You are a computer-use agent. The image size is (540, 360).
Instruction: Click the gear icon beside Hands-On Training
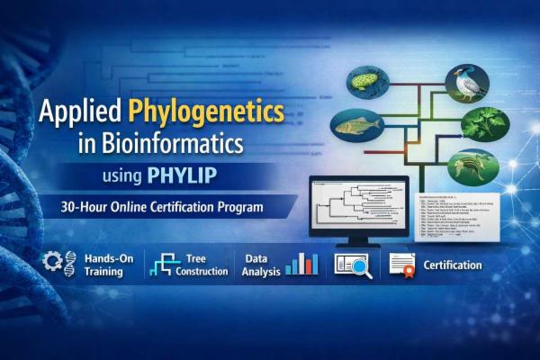click(x=57, y=263)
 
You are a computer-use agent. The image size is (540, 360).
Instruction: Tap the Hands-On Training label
click(x=108, y=264)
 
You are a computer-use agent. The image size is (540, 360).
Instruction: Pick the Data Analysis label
click(x=261, y=265)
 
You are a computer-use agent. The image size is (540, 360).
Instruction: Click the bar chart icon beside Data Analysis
click(x=301, y=263)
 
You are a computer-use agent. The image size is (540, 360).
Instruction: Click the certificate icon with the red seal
click(x=401, y=264)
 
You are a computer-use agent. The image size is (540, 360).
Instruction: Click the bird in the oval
click(x=466, y=83)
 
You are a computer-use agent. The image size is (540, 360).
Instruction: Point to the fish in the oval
click(x=360, y=128)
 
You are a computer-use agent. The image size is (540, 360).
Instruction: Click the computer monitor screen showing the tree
click(x=358, y=203)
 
